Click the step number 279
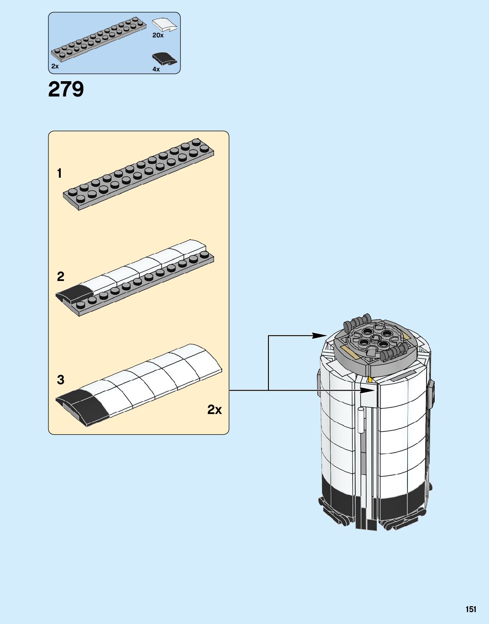[66, 89]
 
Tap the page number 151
[471, 609]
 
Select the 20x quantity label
[158, 36]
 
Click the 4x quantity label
[156, 69]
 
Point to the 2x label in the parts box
[55, 66]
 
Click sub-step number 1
[60, 173]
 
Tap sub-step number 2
[60, 277]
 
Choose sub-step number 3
[60, 380]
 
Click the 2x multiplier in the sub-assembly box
[215, 409]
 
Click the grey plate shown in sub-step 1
[139, 174]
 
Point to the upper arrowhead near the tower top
[320, 335]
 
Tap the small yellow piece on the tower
[370, 379]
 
